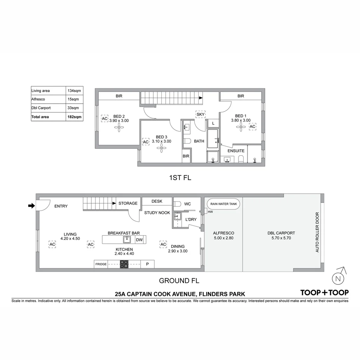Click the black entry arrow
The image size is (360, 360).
[x=31, y=206]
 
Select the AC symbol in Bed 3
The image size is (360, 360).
[x=146, y=142]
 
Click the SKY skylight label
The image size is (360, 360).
[x=200, y=114]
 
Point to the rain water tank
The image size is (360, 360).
[x=223, y=204]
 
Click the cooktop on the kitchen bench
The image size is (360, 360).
[x=124, y=264]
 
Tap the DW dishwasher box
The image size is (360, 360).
[x=139, y=240]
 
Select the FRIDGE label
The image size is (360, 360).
[x=101, y=264]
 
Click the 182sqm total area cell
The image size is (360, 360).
[x=74, y=117]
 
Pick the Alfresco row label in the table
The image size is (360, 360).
[x=38, y=99]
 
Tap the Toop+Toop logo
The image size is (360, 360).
[x=324, y=293]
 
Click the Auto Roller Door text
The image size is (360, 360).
[x=317, y=232]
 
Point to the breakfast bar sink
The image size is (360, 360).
[x=127, y=239]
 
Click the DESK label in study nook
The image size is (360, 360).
[x=157, y=201]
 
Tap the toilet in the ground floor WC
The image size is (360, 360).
[x=177, y=204]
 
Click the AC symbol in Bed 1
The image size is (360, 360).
[x=252, y=127]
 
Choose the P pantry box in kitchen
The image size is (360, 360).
[x=147, y=264]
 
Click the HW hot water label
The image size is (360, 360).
[x=210, y=212]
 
